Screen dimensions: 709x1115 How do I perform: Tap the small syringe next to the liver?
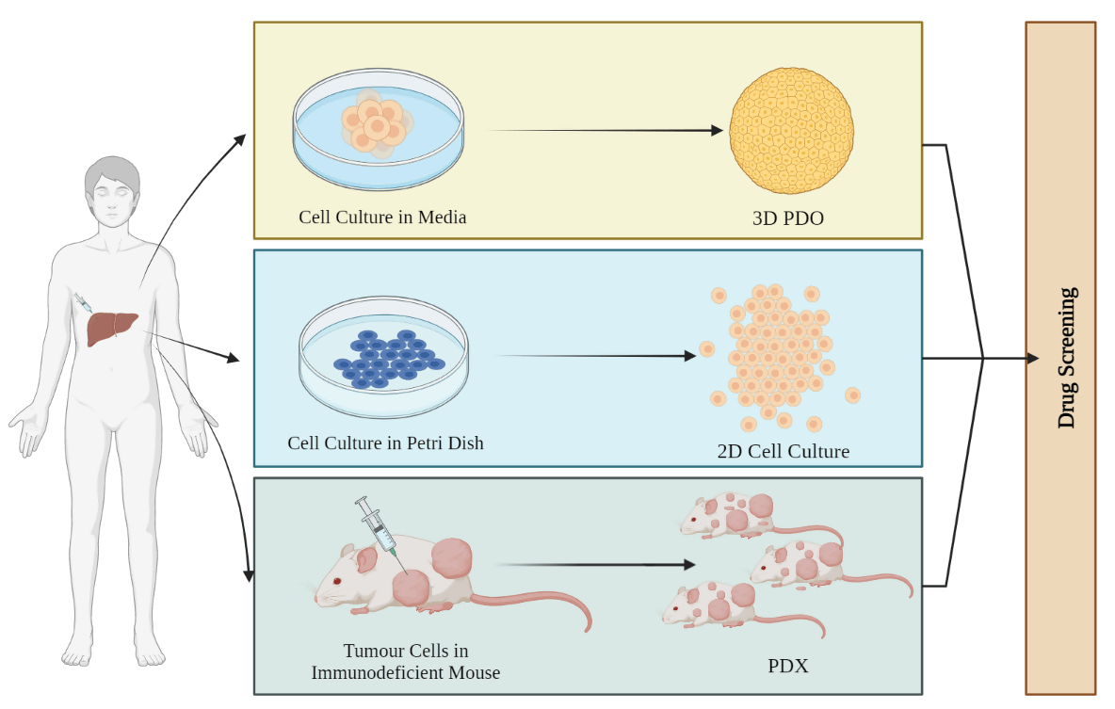point(82,303)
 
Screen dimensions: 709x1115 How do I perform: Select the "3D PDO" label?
point(787,218)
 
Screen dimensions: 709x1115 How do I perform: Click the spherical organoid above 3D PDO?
point(791,131)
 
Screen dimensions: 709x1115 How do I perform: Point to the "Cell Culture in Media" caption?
point(382,217)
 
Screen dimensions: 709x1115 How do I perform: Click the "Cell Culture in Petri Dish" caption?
point(385,442)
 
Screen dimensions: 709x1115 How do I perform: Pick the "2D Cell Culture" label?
point(783,451)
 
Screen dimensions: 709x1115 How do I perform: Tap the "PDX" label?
point(787,667)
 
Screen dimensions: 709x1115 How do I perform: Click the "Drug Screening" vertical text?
point(1066,358)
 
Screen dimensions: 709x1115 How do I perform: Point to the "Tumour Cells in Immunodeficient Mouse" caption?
point(405,662)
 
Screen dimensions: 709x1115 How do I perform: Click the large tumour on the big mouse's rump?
point(451,557)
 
